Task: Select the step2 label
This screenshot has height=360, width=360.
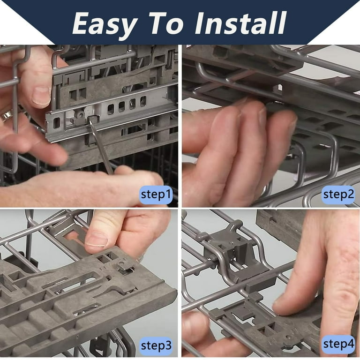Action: (338, 195)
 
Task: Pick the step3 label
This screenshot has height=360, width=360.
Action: (156, 346)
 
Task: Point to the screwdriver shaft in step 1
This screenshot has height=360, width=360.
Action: (102, 148)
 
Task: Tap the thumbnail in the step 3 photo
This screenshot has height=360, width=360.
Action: (97, 239)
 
